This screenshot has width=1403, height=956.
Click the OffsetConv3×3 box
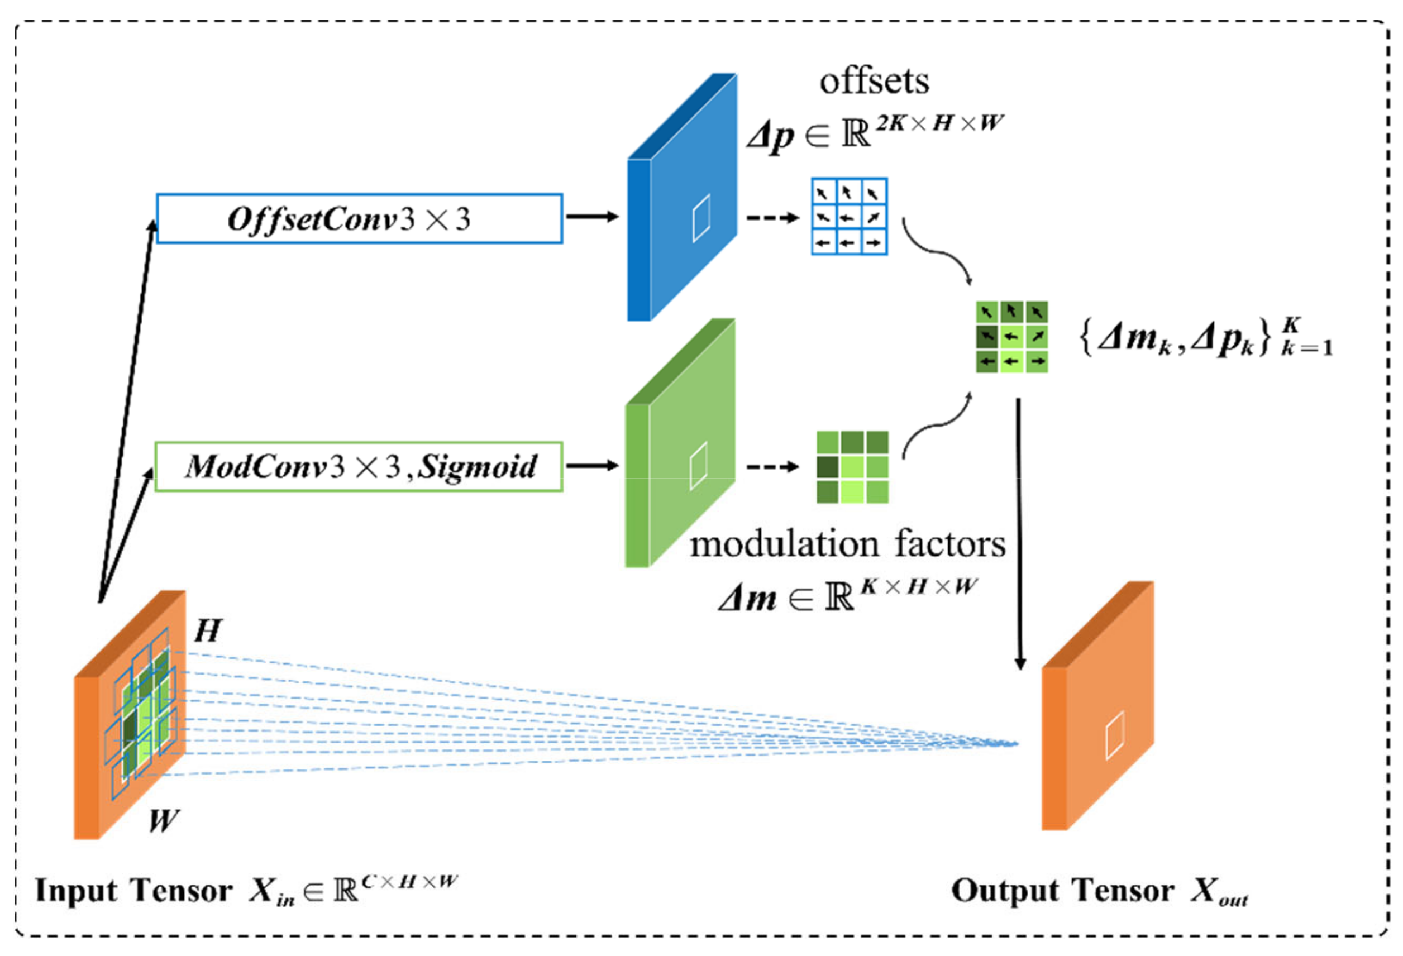pos(359,218)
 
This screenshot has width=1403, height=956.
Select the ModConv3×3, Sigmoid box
pos(359,466)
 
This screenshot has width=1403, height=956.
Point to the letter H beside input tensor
pos(208,632)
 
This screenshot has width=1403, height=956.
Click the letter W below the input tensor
pos(163,821)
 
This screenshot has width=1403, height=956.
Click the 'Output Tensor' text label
pos(1062,891)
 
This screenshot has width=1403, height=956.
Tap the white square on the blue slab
pos(701,218)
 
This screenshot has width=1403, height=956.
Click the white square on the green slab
pos(699,466)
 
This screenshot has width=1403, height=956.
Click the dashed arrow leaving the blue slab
pos(773,217)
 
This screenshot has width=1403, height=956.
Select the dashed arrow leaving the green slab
pos(773,466)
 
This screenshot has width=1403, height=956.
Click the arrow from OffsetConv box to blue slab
pos(592,217)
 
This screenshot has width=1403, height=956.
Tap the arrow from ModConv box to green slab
pos(592,465)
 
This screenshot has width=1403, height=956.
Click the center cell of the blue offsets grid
pos(849,217)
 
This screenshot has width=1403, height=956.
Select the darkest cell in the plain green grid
pos(828,466)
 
